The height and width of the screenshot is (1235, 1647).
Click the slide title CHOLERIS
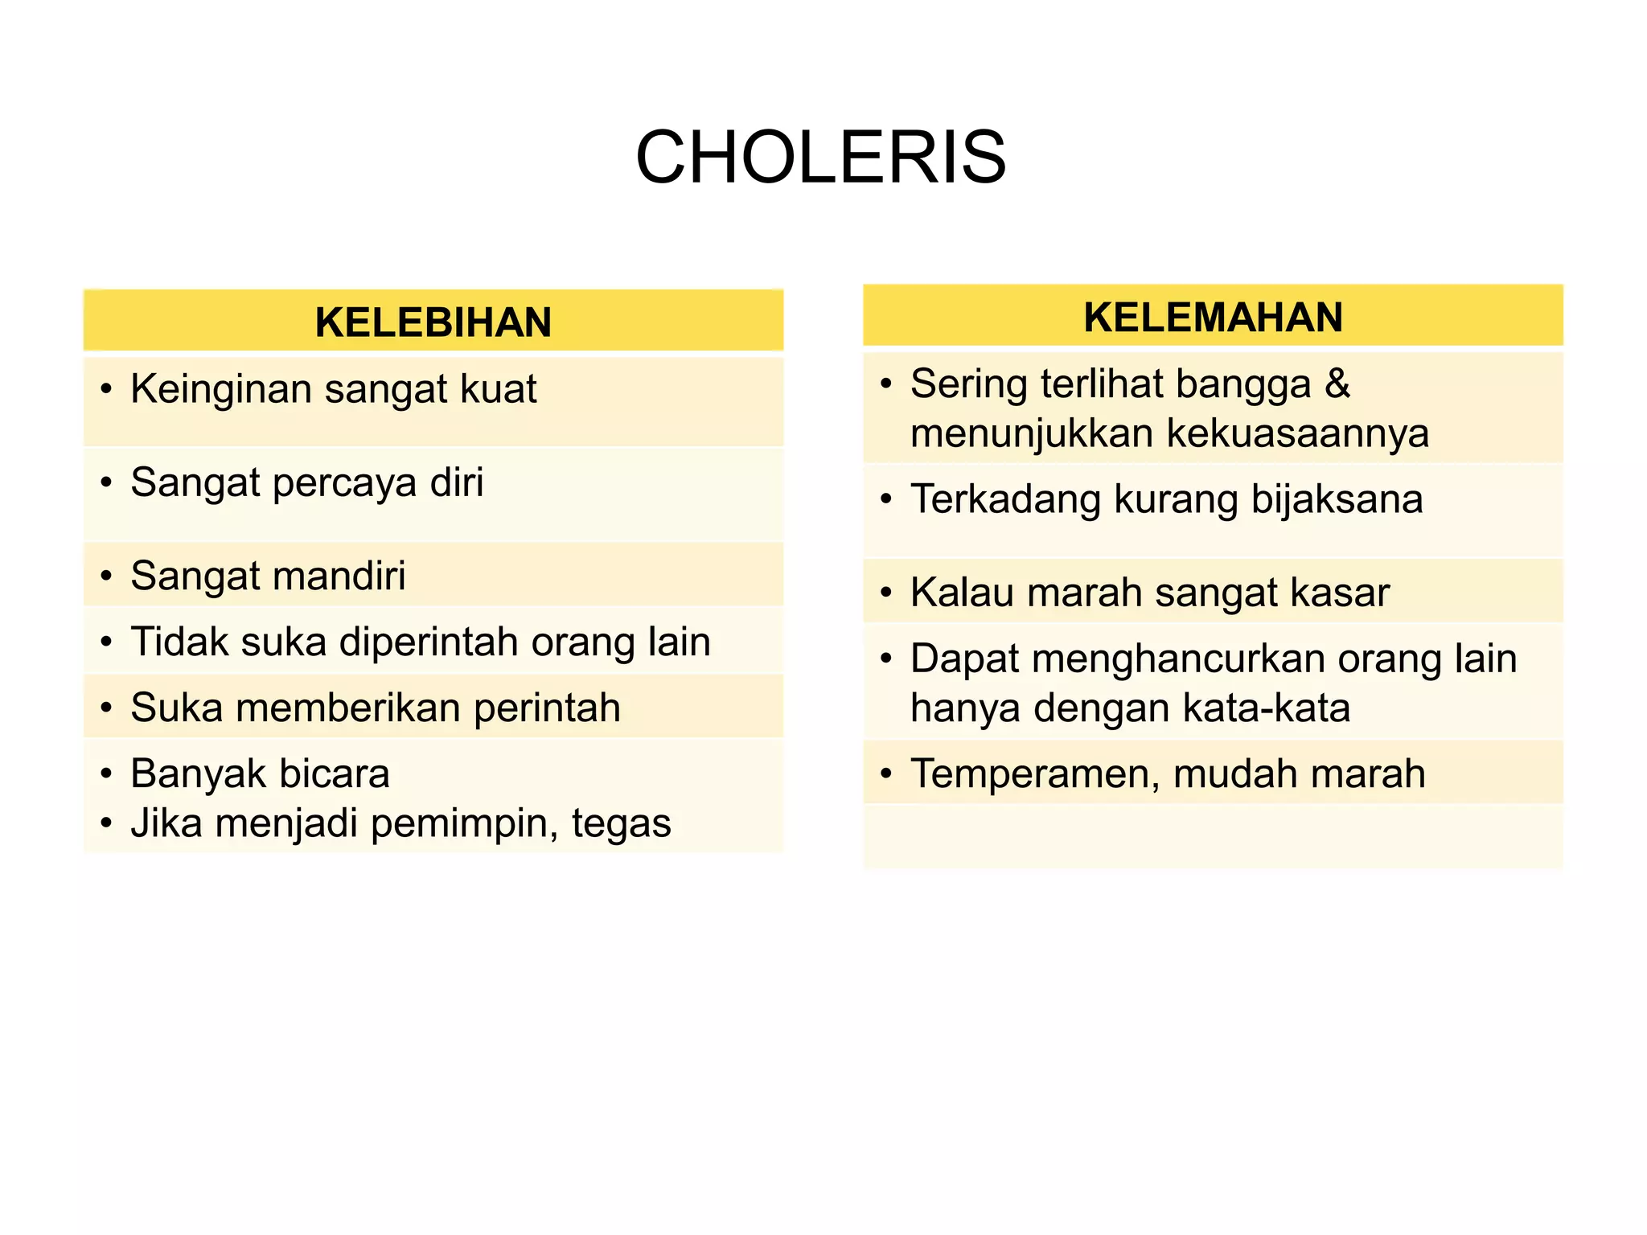[x=820, y=158]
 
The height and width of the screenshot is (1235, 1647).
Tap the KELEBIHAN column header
[x=433, y=322]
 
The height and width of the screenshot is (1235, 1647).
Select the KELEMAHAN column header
[x=1213, y=317]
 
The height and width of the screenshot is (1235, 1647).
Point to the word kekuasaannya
[x=1297, y=434]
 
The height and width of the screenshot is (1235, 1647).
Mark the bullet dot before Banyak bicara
[x=106, y=774]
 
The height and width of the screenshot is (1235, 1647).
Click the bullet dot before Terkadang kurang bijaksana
[x=886, y=500]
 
